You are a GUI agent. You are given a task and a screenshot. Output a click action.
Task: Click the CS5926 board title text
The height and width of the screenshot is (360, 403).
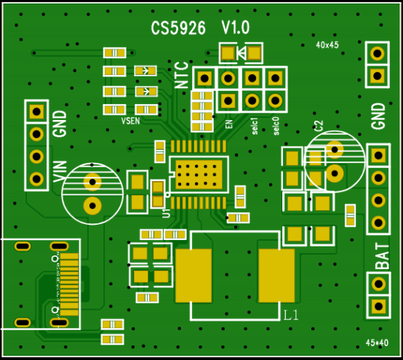(178, 28)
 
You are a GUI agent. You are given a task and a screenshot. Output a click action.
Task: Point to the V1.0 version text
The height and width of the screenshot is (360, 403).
(236, 28)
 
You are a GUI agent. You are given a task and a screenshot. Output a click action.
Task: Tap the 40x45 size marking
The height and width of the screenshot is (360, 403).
(327, 45)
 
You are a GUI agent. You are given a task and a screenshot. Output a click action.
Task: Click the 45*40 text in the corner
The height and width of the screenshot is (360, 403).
(377, 343)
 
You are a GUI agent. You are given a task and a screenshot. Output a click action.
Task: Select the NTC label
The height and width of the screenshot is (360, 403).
(182, 75)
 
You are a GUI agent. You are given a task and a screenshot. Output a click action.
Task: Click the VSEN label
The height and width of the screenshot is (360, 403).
(130, 121)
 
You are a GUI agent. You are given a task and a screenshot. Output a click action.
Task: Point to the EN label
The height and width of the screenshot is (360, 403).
(228, 124)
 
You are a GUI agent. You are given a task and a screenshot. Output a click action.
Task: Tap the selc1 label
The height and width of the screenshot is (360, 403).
(255, 126)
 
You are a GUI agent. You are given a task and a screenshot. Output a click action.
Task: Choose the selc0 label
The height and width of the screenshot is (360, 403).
(276, 126)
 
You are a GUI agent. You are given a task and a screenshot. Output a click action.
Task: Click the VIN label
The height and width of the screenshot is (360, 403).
(60, 172)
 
